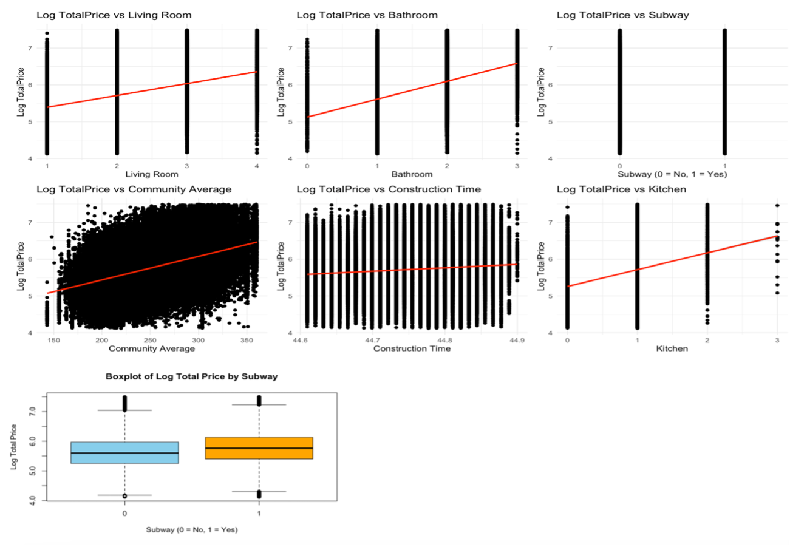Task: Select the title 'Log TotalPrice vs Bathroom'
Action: click(367, 15)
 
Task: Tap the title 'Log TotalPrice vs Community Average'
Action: click(134, 189)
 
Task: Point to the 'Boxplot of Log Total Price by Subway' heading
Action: click(191, 376)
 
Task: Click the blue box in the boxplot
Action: click(124, 452)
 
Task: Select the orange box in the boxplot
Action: click(259, 447)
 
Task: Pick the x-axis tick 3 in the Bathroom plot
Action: click(517, 166)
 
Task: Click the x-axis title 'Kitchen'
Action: click(672, 349)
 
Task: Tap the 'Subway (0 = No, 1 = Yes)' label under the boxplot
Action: click(191, 529)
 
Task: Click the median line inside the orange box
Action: click(259, 448)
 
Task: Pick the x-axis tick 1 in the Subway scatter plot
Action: click(724, 166)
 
